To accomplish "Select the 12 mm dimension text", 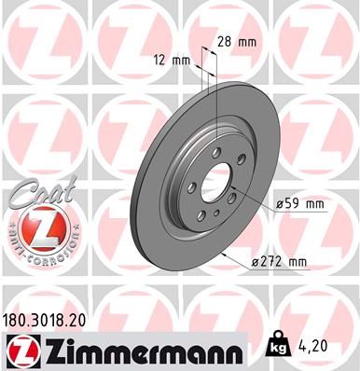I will (174, 59).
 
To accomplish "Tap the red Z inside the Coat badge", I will (34, 229).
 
